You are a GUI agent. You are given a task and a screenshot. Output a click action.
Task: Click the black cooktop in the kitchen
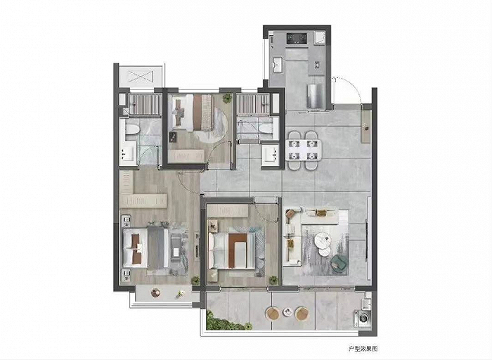point(297,39)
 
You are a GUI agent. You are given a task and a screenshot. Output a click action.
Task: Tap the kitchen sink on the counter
point(278,65)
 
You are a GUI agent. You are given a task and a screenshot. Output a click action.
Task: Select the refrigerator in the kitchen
point(316,96)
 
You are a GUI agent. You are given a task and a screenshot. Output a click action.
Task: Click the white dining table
point(303,150)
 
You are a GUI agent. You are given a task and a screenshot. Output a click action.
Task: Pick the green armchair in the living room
point(339,263)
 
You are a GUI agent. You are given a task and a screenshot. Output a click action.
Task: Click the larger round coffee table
point(323,240)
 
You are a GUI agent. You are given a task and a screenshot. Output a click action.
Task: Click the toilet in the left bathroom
point(132,129)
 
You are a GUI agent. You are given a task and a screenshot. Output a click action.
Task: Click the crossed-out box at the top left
point(141,76)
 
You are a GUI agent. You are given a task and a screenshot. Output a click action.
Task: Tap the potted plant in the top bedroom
point(227,98)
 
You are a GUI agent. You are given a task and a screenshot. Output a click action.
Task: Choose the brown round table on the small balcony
point(155,292)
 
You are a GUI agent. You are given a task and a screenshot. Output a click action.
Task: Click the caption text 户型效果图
point(363,349)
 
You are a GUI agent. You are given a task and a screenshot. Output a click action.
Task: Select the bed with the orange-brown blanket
point(232,251)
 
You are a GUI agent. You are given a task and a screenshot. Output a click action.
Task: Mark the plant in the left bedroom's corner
point(195,280)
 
